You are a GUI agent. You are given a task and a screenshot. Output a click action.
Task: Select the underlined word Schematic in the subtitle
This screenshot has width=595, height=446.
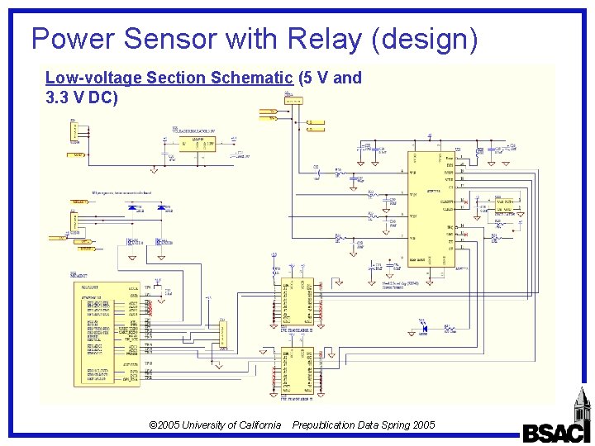tap(252, 78)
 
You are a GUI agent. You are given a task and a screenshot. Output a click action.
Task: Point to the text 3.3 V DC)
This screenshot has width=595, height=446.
tap(82, 97)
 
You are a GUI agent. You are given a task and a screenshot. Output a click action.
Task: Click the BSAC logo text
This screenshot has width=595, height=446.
tap(556, 433)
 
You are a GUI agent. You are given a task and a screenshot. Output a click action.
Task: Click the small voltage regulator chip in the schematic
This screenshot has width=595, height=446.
tap(198, 145)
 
